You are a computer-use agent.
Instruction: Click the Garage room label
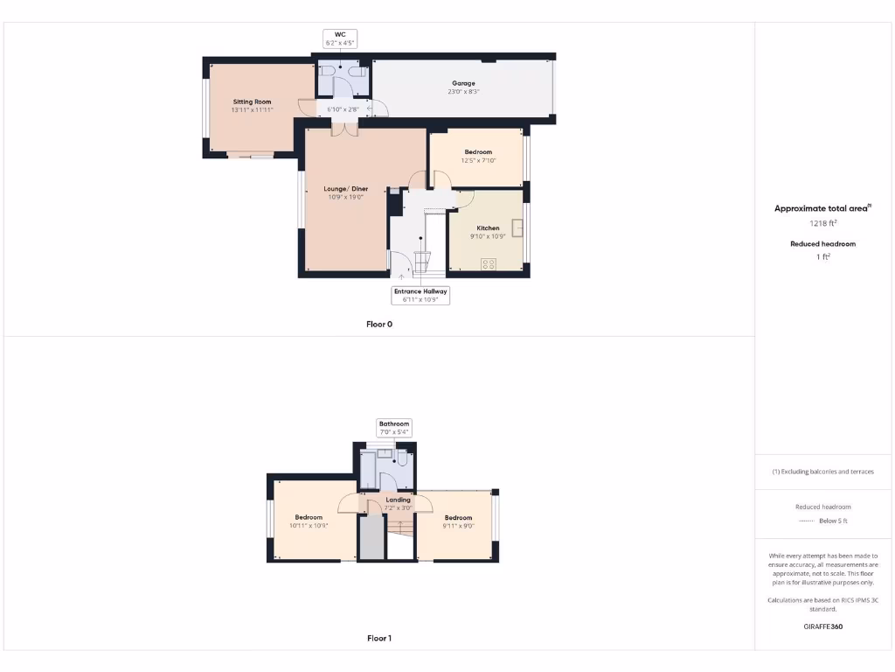(x=463, y=83)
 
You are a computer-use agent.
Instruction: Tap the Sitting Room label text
(x=253, y=101)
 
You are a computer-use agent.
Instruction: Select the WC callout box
(x=340, y=38)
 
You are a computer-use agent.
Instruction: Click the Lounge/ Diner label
(x=345, y=189)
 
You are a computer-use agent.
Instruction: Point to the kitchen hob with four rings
(x=489, y=262)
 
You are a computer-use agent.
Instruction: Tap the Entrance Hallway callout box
(x=420, y=296)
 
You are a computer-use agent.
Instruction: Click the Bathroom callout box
(x=394, y=428)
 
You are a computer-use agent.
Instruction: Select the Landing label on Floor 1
(x=398, y=500)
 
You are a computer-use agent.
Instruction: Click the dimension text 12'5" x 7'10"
(x=478, y=161)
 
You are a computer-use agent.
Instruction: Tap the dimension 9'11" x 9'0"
(x=458, y=526)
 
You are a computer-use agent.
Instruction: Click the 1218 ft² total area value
(x=822, y=223)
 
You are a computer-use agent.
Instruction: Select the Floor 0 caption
(x=379, y=324)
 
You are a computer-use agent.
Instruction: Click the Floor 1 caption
(x=379, y=639)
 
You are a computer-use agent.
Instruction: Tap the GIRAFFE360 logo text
(x=822, y=626)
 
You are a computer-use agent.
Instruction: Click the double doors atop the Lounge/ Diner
(x=344, y=129)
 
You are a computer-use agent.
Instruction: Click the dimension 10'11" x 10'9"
(x=309, y=526)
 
